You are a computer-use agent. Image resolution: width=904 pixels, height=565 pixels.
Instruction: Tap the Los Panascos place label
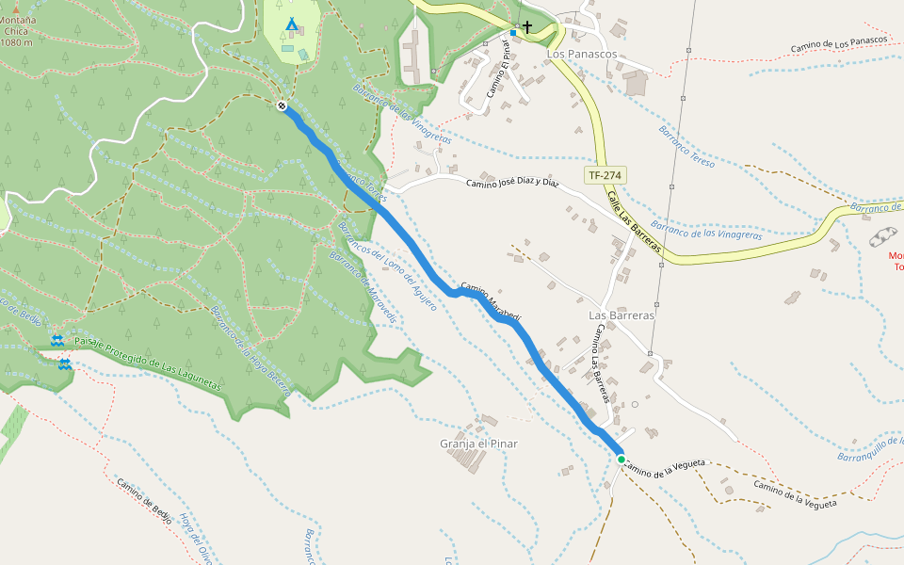click(x=581, y=55)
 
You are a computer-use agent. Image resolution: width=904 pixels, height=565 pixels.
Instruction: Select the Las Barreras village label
click(x=621, y=315)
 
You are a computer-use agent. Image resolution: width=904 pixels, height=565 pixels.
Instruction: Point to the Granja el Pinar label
click(x=478, y=444)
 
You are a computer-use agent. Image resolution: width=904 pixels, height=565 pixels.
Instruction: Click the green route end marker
click(x=621, y=459)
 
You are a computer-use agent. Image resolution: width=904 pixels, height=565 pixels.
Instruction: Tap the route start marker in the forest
click(x=282, y=105)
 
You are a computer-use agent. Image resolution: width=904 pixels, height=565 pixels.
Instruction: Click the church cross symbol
click(x=527, y=27)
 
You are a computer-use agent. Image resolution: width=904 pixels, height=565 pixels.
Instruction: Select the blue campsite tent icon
click(x=292, y=23)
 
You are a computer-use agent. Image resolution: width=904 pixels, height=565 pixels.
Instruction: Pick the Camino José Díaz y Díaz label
click(x=513, y=183)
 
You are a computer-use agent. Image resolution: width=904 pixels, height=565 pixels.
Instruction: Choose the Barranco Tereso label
click(x=686, y=147)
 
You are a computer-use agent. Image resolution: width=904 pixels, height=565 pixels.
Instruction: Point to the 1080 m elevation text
click(x=17, y=42)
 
